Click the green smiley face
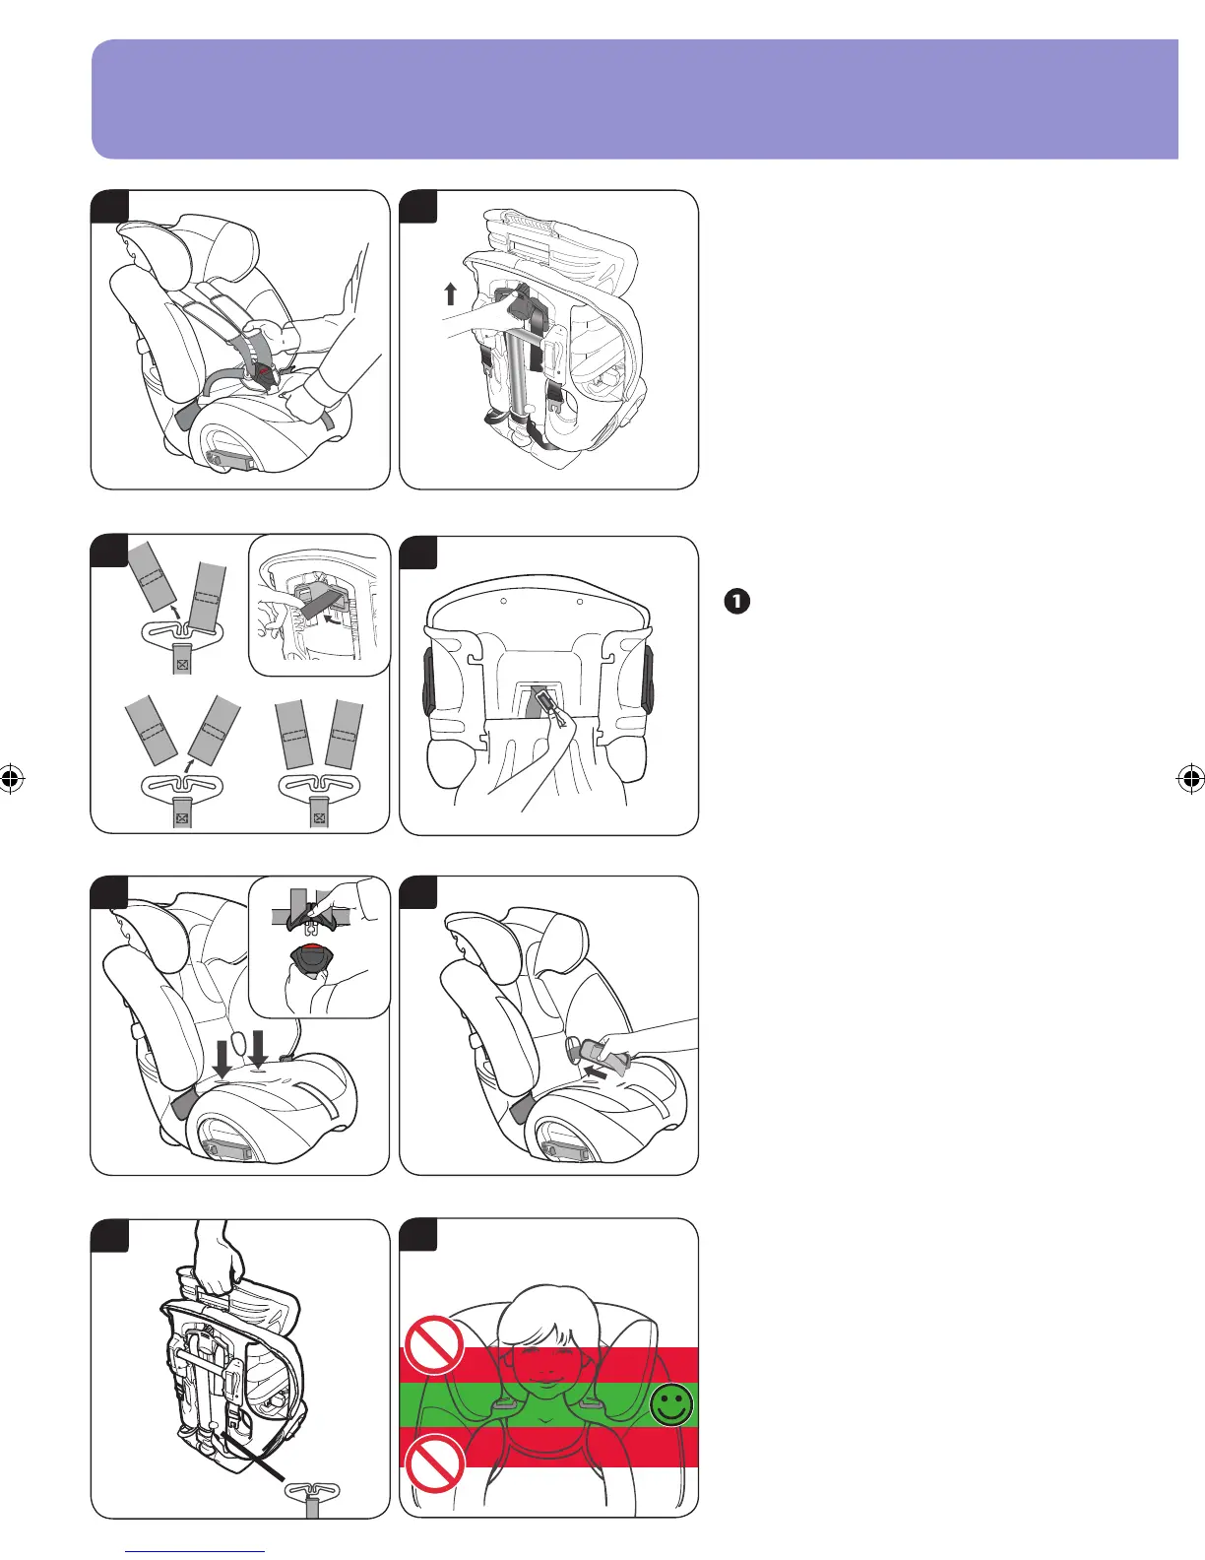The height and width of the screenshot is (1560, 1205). tap(671, 1406)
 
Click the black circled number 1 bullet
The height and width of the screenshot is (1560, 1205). tap(736, 601)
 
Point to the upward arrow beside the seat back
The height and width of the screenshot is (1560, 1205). tap(450, 293)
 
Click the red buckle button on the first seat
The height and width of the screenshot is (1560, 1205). tap(263, 372)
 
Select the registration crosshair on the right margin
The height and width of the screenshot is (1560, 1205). tap(1189, 779)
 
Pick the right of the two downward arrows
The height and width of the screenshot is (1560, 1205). tap(259, 1049)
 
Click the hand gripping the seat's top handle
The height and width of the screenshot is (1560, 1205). tap(220, 1260)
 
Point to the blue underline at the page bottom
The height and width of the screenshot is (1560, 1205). tap(196, 1552)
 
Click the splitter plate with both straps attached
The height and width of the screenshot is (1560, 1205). tap(318, 789)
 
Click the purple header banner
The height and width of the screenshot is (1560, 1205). tap(634, 98)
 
